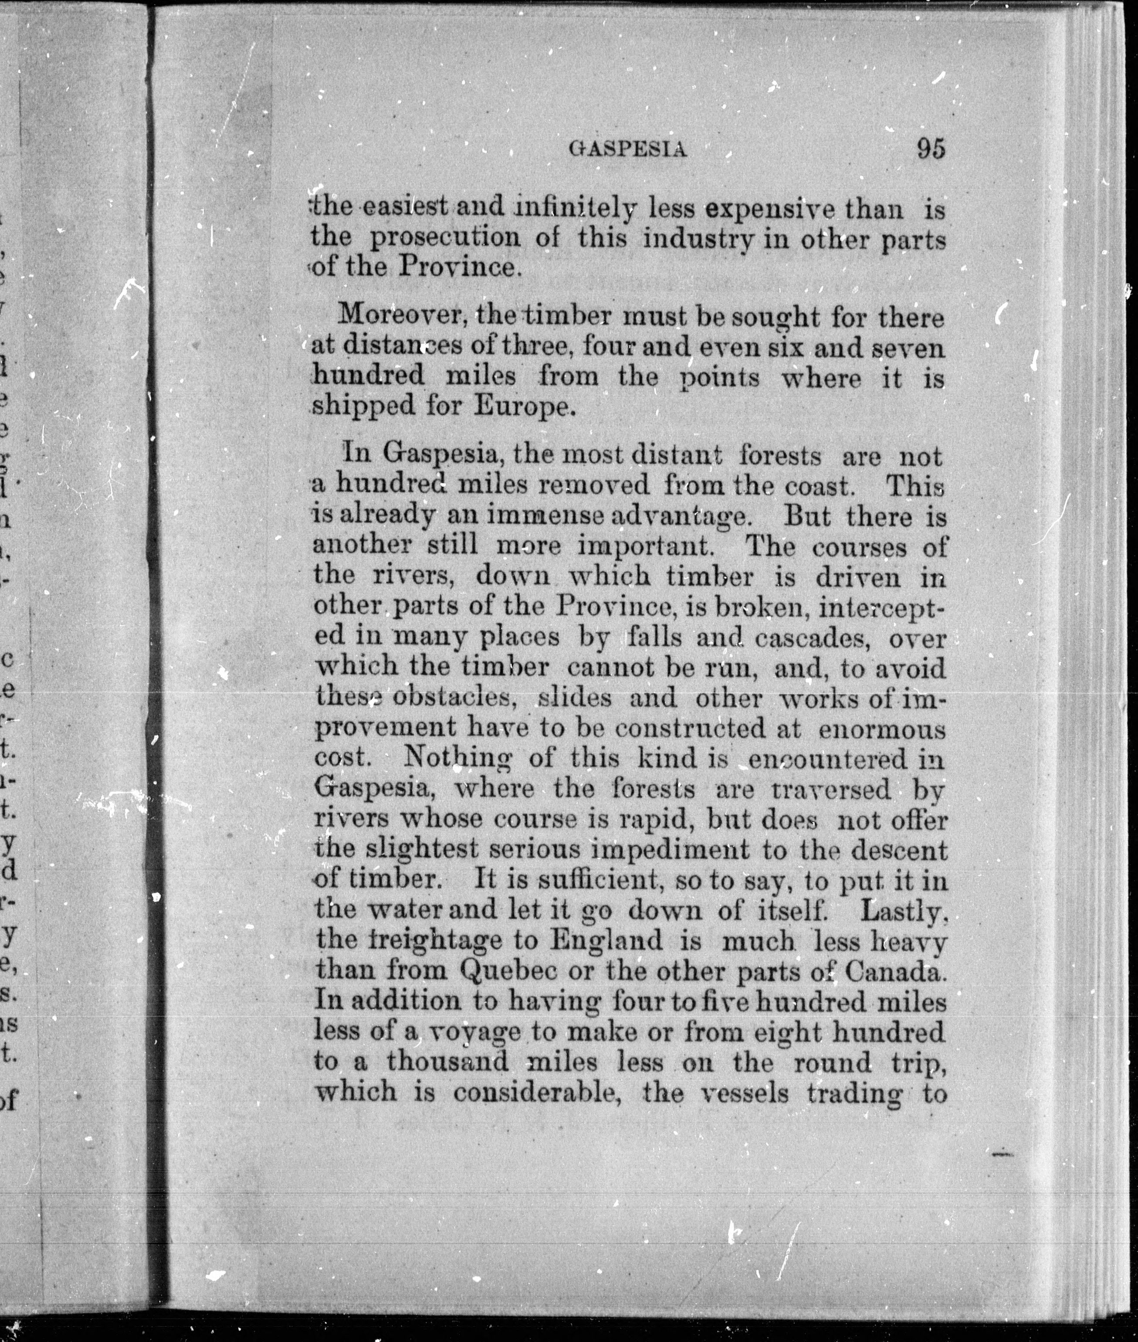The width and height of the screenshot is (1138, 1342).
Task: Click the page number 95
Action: tap(931, 149)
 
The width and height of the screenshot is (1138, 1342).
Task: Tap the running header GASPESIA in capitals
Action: tap(628, 150)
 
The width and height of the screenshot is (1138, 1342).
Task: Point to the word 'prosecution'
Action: tap(444, 238)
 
